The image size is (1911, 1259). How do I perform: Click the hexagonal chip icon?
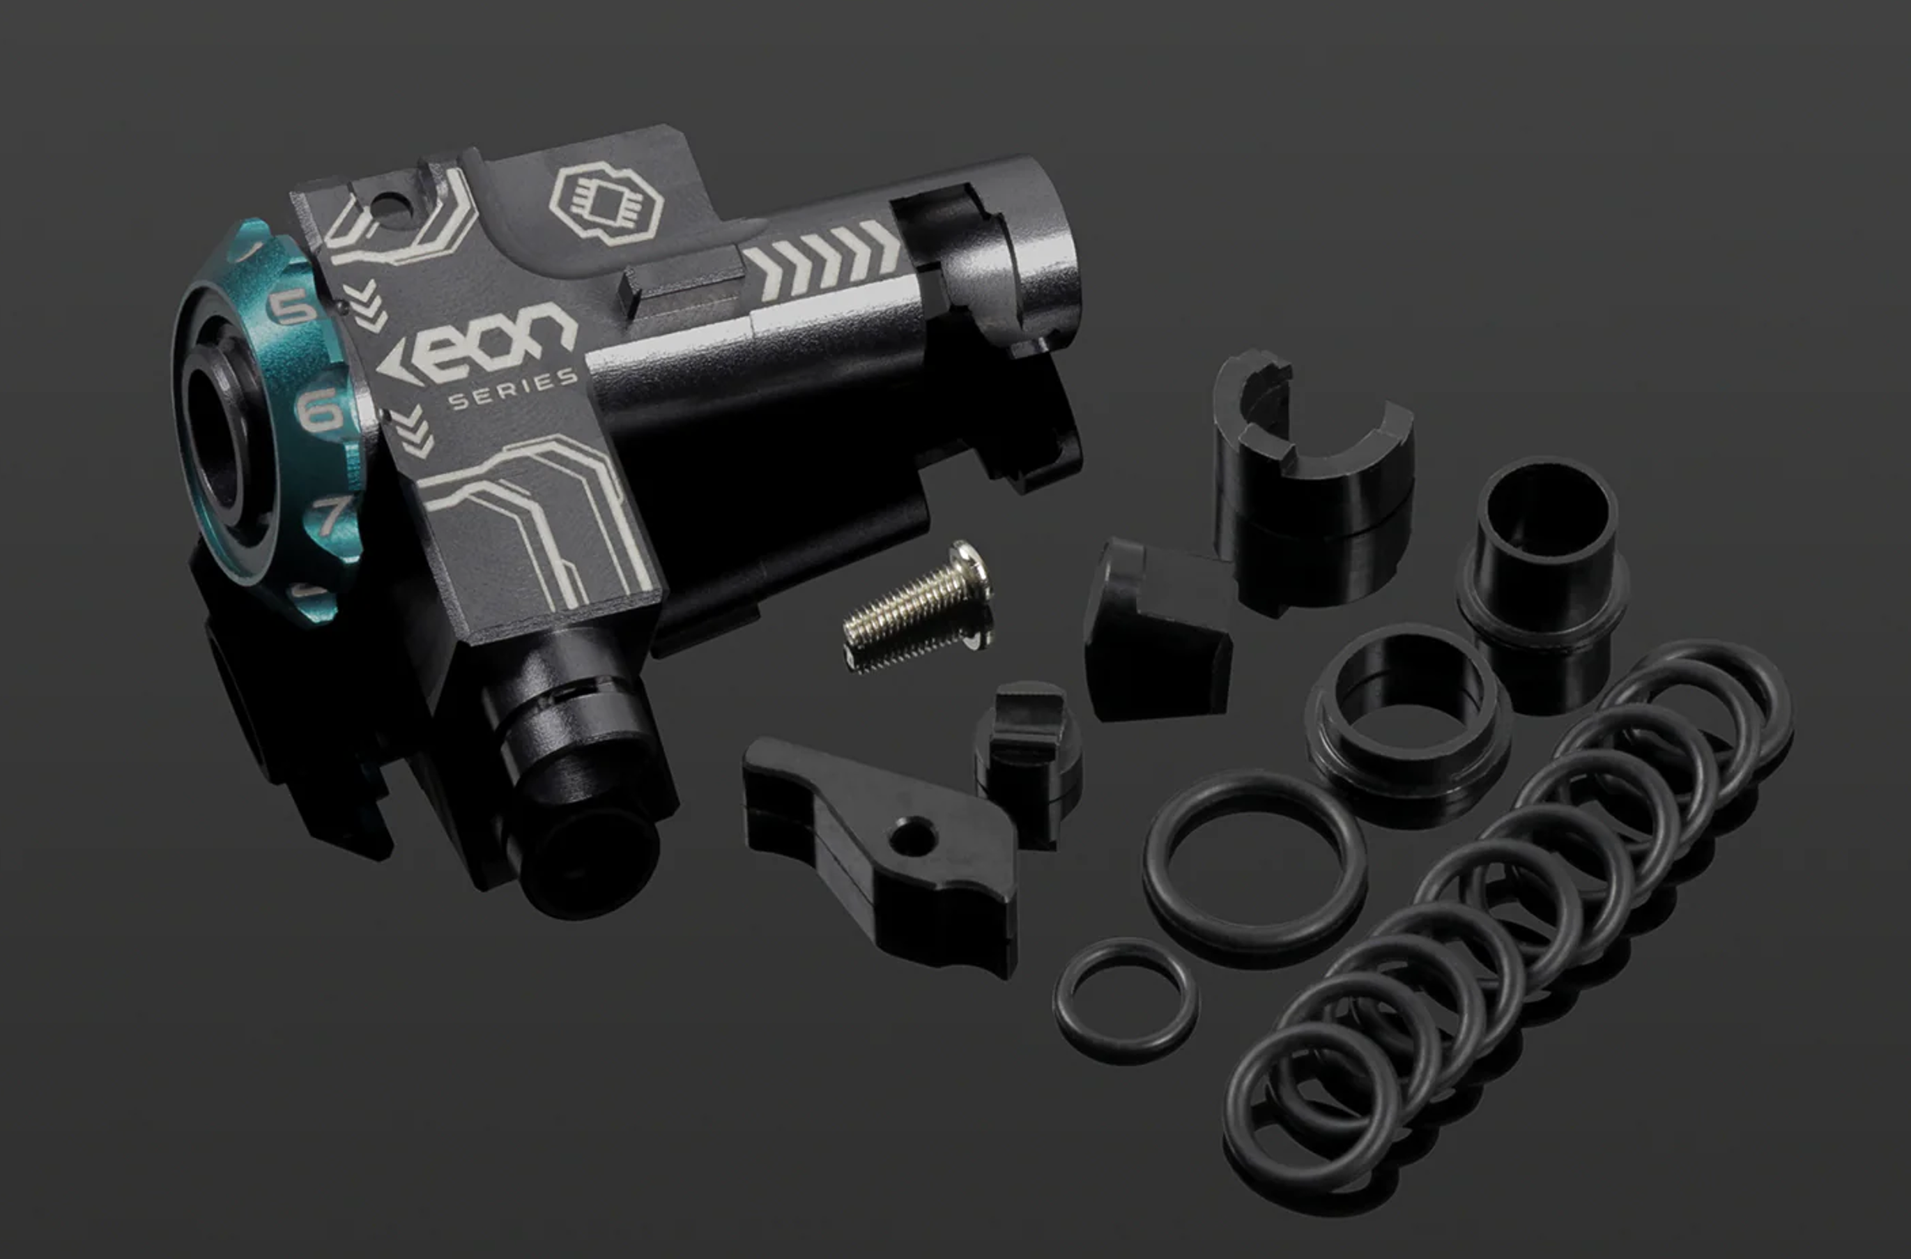click(606, 203)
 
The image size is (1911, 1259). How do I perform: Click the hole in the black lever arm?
click(912, 836)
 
